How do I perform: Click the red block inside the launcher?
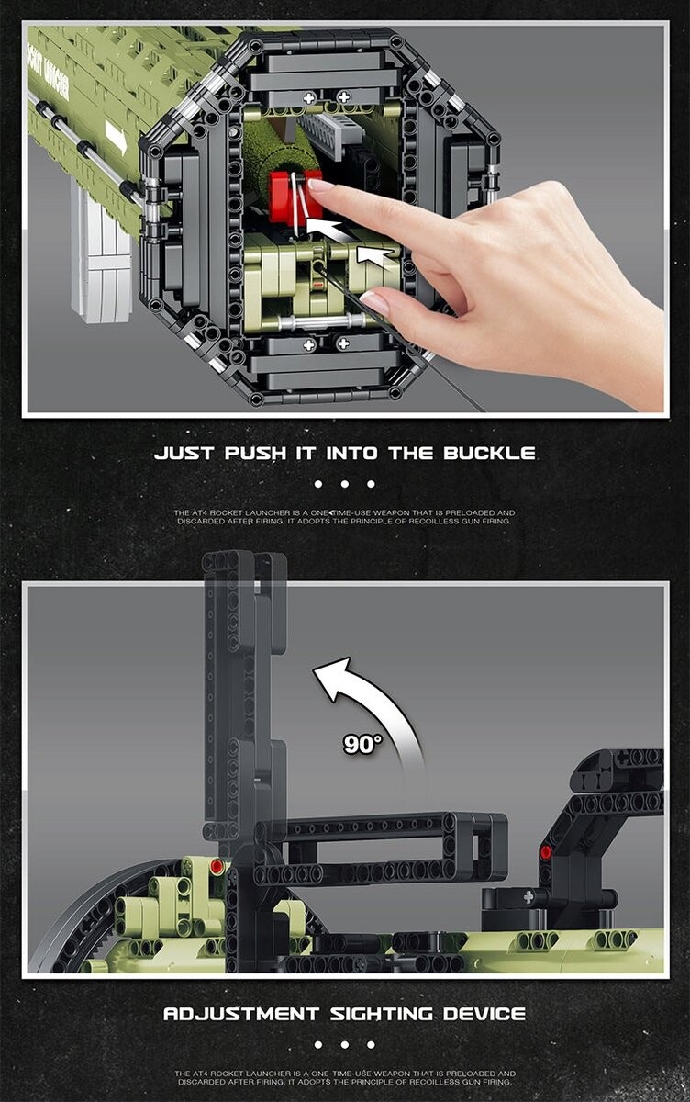pos(295,196)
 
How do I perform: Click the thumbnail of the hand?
pos(374,301)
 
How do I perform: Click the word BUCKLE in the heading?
pos(489,453)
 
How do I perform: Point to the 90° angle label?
pos(362,743)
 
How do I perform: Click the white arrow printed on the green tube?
pos(116,137)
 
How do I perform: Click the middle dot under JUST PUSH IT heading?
pos(344,485)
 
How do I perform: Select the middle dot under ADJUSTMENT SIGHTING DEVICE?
pos(344,1045)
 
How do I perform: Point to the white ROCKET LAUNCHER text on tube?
pos(49,70)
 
